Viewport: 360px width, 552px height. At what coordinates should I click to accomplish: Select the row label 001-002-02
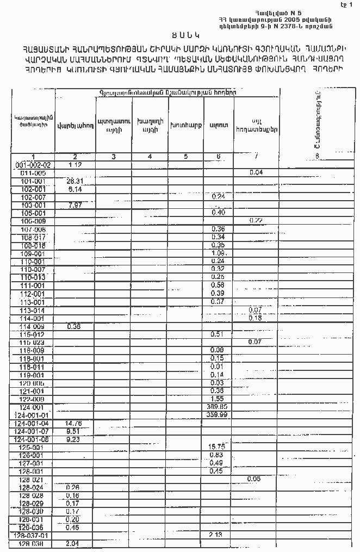pyautogui.click(x=33, y=165)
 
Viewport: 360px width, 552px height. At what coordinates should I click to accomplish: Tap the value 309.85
pyautogui.click(x=217, y=407)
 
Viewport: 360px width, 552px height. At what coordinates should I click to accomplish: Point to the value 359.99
pyautogui.click(x=217, y=415)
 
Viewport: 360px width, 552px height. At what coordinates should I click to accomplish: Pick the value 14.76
pyautogui.click(x=73, y=423)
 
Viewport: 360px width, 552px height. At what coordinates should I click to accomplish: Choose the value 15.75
pyautogui.click(x=217, y=446)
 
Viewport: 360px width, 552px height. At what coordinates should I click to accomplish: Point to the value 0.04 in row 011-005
pyautogui.click(x=256, y=172)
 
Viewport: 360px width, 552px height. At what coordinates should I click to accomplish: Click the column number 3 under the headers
pyautogui.click(x=113, y=157)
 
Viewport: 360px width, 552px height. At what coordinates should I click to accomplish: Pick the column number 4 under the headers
pyautogui.click(x=148, y=157)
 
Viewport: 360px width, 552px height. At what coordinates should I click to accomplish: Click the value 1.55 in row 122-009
pyautogui.click(x=217, y=399)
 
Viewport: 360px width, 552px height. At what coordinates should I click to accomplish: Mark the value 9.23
pyautogui.click(x=73, y=439)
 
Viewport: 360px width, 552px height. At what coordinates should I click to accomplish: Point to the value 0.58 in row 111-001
pyautogui.click(x=217, y=285)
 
